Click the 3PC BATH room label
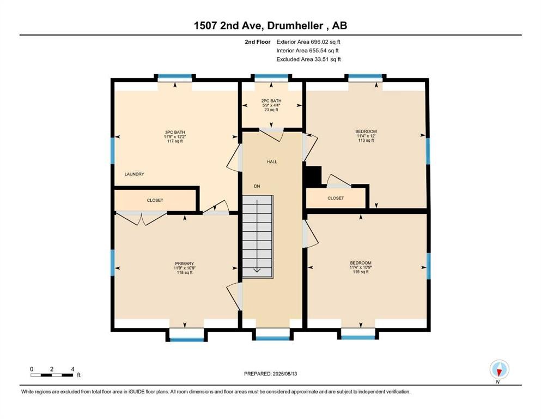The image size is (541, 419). pos(175,132)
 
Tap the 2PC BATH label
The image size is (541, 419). pos(271,101)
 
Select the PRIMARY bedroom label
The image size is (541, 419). pos(185,264)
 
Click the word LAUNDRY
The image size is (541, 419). pos(134,174)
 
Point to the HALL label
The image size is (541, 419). pos(272,161)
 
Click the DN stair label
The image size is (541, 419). pos(257,186)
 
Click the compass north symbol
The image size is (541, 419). pos(499,370)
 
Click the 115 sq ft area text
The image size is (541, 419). pos(361,272)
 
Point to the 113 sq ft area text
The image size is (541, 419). pos(366,140)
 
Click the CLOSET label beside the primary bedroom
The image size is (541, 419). pos(155,200)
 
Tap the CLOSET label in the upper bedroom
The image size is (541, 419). pos(336,198)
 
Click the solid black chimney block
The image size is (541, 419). pos(313,176)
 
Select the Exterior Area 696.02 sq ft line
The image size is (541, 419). pos(308,42)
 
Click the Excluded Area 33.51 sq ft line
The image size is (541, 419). pos(308,59)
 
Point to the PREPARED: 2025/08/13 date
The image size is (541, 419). pos(270,374)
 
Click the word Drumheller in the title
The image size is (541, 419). pos(295,26)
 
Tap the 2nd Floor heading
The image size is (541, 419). pos(257,42)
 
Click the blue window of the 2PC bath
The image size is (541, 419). pos(271,76)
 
